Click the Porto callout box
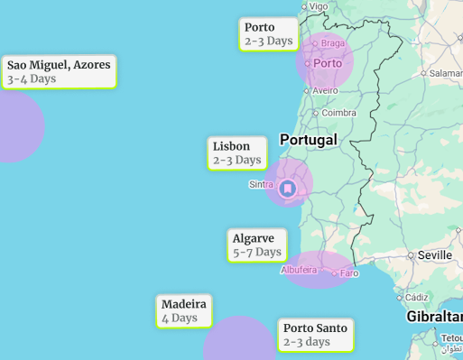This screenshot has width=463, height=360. (x=269, y=34)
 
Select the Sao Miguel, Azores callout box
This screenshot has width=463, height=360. (x=59, y=71)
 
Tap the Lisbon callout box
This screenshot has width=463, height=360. (x=237, y=152)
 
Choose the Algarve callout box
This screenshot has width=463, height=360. (x=257, y=245)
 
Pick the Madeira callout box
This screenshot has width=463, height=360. (x=184, y=310)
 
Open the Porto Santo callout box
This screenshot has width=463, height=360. (x=315, y=335)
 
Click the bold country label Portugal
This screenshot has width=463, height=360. (x=308, y=140)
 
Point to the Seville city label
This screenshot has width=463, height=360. (x=434, y=255)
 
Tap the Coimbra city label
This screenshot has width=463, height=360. (x=338, y=113)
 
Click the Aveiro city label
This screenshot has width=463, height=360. (x=325, y=90)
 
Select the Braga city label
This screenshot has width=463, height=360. (x=332, y=43)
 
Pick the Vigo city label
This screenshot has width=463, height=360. (x=319, y=6)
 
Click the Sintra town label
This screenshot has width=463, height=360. (x=260, y=184)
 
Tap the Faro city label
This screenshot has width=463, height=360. (x=348, y=272)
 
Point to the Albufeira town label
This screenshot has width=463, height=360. (x=299, y=270)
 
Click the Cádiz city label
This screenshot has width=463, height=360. (x=416, y=297)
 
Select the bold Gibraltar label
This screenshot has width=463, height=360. (x=434, y=317)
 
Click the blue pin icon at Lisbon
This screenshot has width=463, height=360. (x=288, y=189)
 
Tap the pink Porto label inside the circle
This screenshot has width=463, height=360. (x=328, y=63)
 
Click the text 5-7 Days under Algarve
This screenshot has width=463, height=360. (x=257, y=253)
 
